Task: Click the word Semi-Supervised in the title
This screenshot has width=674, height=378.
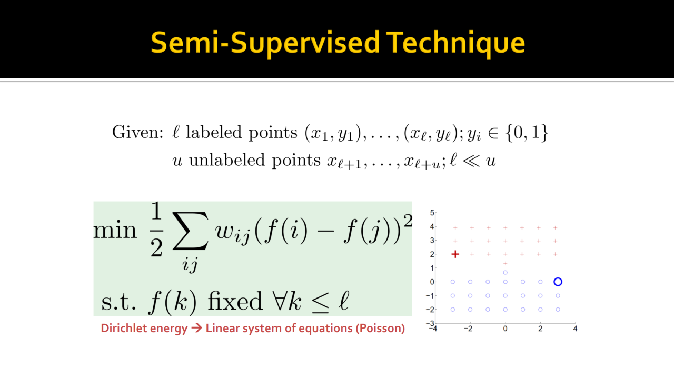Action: [x=265, y=43]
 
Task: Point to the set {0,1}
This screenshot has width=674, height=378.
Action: [x=527, y=133]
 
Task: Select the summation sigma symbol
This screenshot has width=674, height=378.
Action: [x=190, y=231]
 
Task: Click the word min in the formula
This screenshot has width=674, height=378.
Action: [x=115, y=231]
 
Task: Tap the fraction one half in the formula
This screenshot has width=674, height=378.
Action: [x=156, y=230]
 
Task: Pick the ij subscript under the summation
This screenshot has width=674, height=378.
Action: [x=190, y=265]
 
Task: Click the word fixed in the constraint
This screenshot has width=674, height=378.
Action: [x=235, y=301]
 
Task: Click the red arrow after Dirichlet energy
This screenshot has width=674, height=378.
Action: [x=197, y=328]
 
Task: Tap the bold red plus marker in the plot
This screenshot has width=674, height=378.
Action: [x=455, y=254]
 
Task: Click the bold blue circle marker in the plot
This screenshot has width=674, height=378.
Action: [x=558, y=282]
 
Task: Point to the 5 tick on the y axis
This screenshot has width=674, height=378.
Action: [x=432, y=213]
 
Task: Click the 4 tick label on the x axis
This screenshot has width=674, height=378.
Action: [x=576, y=329]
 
